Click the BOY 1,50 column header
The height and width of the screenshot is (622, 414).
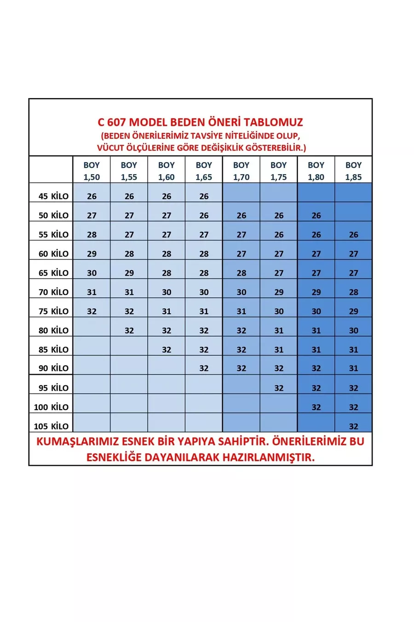(92, 170)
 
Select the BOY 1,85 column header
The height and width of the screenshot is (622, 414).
(353, 170)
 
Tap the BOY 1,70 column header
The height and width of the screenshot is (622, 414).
(241, 170)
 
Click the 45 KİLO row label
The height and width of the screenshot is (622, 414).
(53, 196)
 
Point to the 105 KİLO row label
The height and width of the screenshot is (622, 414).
(51, 426)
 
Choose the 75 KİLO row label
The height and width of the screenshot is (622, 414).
(53, 311)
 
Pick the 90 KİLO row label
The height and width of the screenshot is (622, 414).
(53, 368)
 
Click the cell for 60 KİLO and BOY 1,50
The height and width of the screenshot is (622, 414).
(92, 254)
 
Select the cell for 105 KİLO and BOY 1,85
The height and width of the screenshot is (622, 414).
(353, 426)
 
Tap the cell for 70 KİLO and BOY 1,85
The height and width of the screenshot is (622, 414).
(353, 292)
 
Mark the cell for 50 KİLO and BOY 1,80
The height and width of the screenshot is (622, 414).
(316, 216)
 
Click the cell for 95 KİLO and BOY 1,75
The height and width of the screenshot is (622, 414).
(279, 388)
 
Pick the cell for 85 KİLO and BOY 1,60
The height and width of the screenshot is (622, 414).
(167, 350)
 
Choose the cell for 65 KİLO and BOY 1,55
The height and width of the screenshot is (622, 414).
(129, 273)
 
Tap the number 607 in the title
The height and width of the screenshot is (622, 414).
(116, 123)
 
